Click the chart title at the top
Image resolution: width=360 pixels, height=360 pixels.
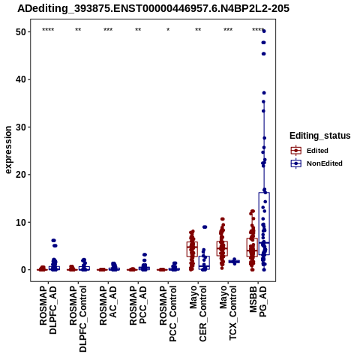[x=153, y=8]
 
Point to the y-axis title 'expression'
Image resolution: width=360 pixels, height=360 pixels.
[x=8, y=150]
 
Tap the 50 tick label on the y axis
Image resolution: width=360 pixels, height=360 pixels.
[x=21, y=32]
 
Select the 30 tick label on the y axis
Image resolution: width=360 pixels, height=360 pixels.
[x=21, y=127]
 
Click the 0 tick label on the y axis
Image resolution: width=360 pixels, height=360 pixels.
[x=24, y=270]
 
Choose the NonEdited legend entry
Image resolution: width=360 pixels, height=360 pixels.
[x=316, y=163]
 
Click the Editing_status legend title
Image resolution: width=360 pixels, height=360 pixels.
[x=320, y=136]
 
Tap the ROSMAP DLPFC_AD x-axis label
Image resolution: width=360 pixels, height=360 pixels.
[x=48, y=310]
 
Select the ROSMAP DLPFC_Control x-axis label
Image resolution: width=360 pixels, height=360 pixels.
[x=78, y=319]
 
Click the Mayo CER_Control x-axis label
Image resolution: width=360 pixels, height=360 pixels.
[x=198, y=313]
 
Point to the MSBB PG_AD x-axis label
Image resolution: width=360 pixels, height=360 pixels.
[x=258, y=301]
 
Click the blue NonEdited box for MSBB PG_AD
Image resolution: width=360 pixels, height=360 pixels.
[x=264, y=223]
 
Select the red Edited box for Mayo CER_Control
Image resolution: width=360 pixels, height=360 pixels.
[x=192, y=249]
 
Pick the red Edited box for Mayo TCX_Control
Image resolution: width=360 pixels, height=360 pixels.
[x=222, y=248]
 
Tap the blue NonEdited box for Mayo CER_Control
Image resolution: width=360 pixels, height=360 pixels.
[x=204, y=262]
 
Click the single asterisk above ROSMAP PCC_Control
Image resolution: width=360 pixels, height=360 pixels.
[x=168, y=30]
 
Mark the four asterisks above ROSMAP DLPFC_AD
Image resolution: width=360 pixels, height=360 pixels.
[x=48, y=30]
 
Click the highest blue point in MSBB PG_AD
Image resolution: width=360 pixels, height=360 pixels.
[x=264, y=31]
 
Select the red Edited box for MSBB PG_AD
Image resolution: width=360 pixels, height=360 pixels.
[x=252, y=247]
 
